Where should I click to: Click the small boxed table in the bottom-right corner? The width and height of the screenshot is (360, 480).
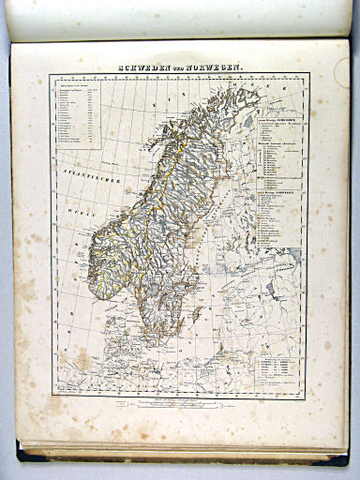point(280,369)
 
